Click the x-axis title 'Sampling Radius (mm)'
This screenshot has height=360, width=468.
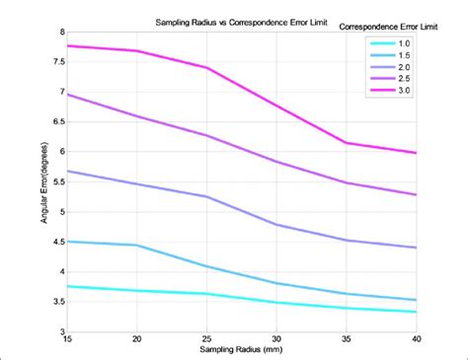(x=241, y=351)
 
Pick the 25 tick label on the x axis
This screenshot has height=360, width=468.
(x=205, y=340)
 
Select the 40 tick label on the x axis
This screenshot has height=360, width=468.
(x=416, y=340)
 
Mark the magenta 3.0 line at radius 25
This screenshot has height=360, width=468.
(x=206, y=68)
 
